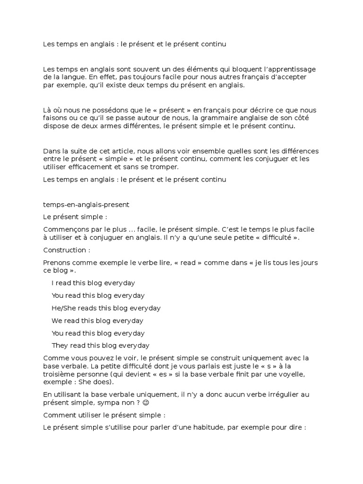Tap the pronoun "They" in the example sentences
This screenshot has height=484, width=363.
click(x=60, y=346)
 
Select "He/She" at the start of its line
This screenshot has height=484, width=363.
click(x=64, y=308)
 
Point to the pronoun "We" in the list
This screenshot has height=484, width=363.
click(x=57, y=320)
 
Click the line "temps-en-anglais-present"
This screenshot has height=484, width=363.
click(x=86, y=205)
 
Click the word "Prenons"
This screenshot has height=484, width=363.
click(x=57, y=262)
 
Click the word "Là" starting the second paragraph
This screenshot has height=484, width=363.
click(x=47, y=110)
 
